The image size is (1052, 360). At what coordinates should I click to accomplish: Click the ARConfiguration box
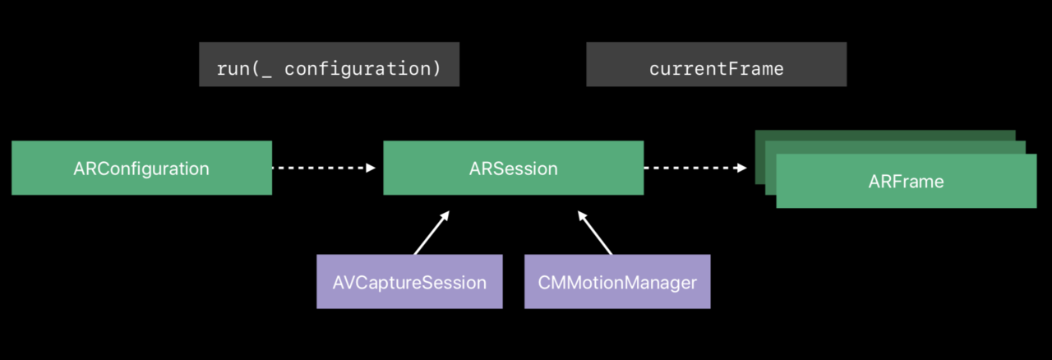click(x=142, y=168)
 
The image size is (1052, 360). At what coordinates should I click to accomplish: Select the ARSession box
click(x=514, y=168)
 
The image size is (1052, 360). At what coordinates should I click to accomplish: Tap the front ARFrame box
click(x=907, y=181)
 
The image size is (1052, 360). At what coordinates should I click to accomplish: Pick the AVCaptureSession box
click(x=409, y=282)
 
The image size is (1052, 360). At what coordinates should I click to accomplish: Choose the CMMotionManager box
click(x=617, y=282)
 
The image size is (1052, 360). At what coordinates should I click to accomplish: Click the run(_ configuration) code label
click(x=330, y=64)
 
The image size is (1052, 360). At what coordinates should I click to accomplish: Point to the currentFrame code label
click(x=717, y=64)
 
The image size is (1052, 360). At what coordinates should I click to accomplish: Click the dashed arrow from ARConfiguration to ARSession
click(x=324, y=168)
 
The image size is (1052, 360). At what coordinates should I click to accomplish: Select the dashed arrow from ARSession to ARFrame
click(x=695, y=168)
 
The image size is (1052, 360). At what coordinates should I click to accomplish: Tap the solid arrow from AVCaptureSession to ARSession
click(x=432, y=233)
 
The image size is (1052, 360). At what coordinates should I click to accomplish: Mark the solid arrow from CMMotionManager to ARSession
click(x=595, y=233)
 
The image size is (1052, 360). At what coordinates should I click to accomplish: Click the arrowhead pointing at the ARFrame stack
click(x=742, y=168)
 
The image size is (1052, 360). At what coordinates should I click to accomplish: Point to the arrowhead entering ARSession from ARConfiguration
click(x=371, y=168)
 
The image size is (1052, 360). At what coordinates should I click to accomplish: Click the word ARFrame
click(x=906, y=182)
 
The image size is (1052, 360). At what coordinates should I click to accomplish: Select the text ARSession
click(x=514, y=168)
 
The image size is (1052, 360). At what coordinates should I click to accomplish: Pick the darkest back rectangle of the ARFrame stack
click(x=885, y=136)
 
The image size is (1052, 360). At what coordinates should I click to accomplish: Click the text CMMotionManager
click(x=617, y=283)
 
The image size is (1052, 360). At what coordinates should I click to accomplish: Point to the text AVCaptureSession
click(x=409, y=283)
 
